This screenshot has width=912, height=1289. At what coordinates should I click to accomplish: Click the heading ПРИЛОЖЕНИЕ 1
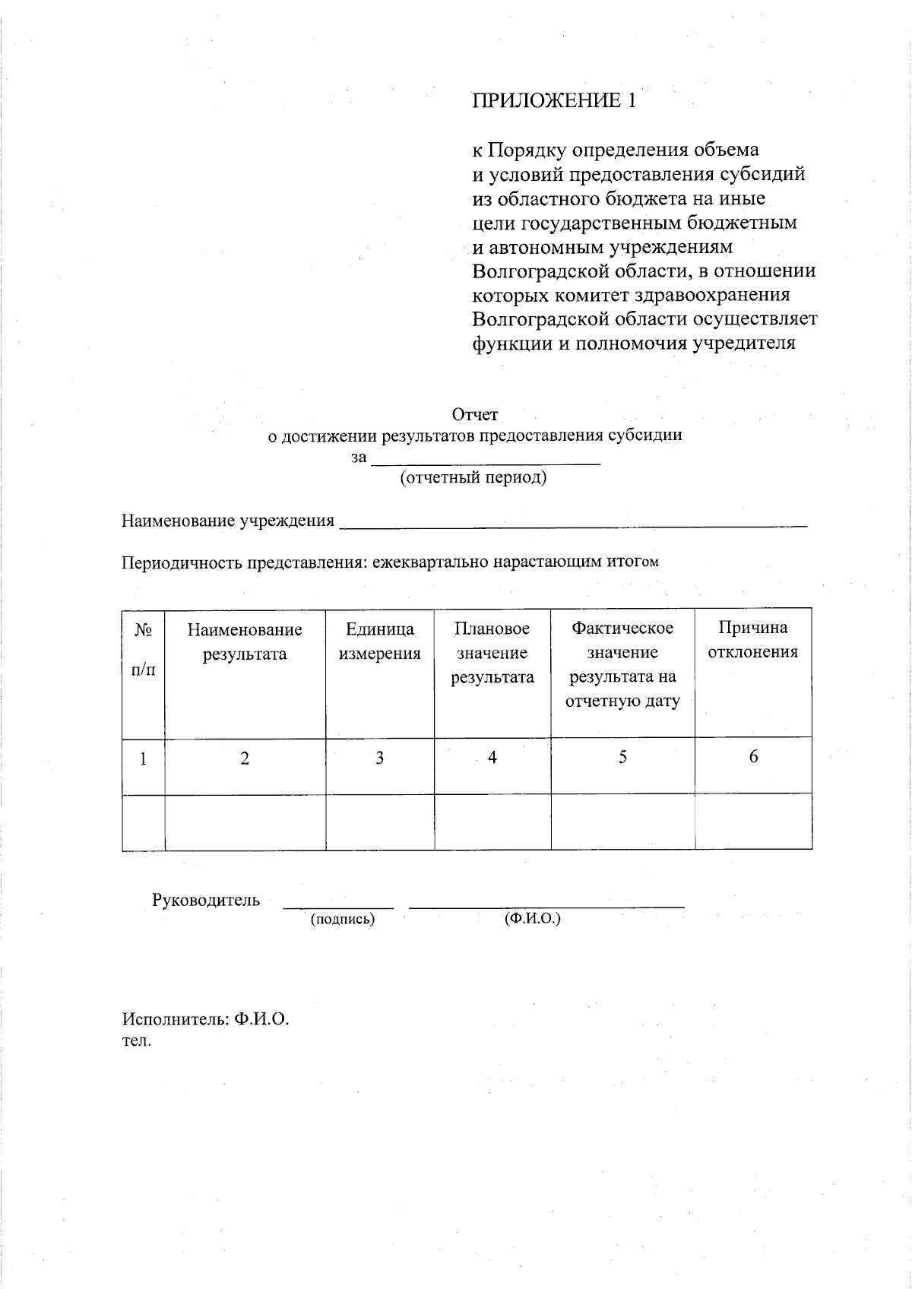click(x=553, y=100)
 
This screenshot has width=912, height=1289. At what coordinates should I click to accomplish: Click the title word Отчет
click(x=475, y=414)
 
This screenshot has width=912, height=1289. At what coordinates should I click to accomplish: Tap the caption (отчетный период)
click(x=473, y=477)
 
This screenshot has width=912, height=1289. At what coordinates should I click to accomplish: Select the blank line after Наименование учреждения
click(x=572, y=523)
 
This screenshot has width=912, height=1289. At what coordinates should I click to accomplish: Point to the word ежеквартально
click(x=430, y=562)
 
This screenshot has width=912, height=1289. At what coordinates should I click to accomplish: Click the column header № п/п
click(x=143, y=650)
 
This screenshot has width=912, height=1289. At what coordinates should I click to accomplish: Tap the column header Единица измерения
click(x=379, y=641)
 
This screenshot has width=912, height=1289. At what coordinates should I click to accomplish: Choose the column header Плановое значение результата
click(x=492, y=653)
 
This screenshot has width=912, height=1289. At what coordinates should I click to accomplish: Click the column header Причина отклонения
click(x=753, y=640)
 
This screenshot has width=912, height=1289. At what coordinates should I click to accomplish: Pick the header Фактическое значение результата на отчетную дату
click(x=622, y=664)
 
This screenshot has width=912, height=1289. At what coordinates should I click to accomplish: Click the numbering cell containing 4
click(x=492, y=758)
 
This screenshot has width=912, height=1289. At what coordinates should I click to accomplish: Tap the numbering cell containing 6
click(x=753, y=757)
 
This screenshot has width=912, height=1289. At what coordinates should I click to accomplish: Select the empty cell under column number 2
click(x=245, y=822)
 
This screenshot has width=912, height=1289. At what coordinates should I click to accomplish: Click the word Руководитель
click(x=206, y=901)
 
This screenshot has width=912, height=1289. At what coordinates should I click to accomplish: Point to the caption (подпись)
click(x=343, y=919)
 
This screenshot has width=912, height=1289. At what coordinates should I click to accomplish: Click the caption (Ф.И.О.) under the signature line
click(x=532, y=918)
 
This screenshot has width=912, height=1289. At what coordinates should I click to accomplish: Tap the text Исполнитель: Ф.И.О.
click(x=206, y=1020)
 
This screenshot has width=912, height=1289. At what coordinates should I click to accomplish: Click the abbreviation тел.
click(x=137, y=1041)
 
